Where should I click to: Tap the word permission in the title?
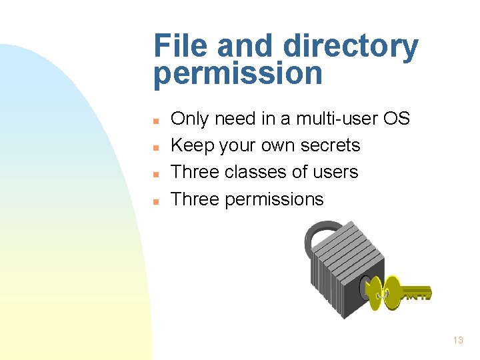pos(237,74)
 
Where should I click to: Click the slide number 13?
pos(457,340)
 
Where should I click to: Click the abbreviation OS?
pos(397,119)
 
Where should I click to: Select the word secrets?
pos(331,145)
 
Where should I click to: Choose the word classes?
pos(257,172)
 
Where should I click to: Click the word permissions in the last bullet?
pos(274,199)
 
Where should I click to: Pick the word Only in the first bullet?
pos(189,119)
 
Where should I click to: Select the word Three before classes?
pos(195,172)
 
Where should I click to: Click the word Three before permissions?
pos(195,199)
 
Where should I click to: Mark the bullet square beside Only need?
pos(155,121)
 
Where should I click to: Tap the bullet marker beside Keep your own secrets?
pos(155,147)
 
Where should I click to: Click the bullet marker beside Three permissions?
pos(155,201)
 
